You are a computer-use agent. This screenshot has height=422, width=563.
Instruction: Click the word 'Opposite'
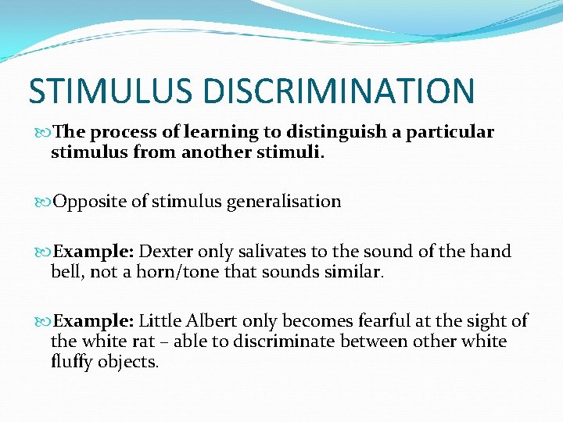(84, 202)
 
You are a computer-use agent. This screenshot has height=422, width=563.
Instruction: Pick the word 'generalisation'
(284, 202)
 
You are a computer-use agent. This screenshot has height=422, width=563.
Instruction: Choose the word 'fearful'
(353, 320)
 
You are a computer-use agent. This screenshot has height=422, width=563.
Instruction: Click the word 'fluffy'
(72, 363)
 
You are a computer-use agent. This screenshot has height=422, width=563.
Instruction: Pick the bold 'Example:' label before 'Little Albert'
(93, 320)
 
